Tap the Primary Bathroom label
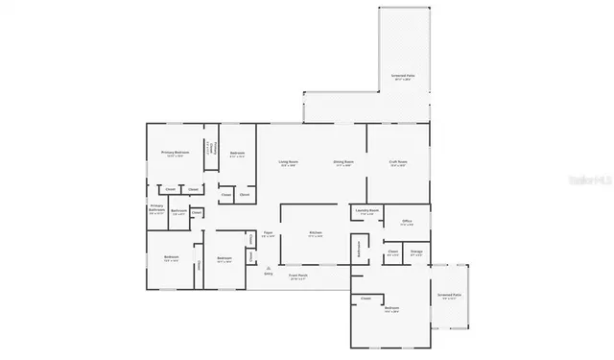(155, 209)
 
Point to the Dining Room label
(343, 163)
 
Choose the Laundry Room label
(366, 211)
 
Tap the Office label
(407, 222)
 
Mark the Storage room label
(416, 254)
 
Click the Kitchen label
(316, 233)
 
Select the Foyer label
(270, 234)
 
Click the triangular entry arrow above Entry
(269, 267)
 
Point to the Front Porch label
(298, 276)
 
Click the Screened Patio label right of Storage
(449, 297)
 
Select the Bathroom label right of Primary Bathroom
(178, 210)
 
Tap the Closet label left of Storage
(393, 253)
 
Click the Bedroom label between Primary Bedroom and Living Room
(237, 154)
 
